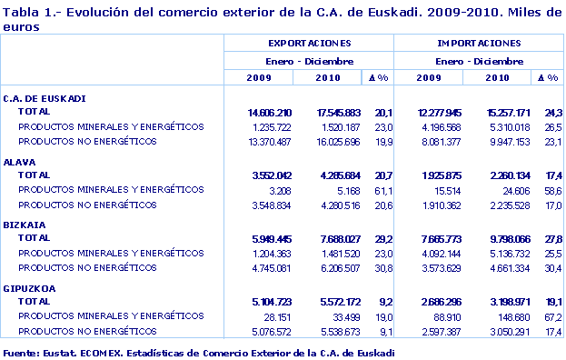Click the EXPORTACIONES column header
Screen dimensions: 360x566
click(x=309, y=44)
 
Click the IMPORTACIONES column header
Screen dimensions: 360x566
click(x=479, y=44)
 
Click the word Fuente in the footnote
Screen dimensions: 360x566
click(x=21, y=351)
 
